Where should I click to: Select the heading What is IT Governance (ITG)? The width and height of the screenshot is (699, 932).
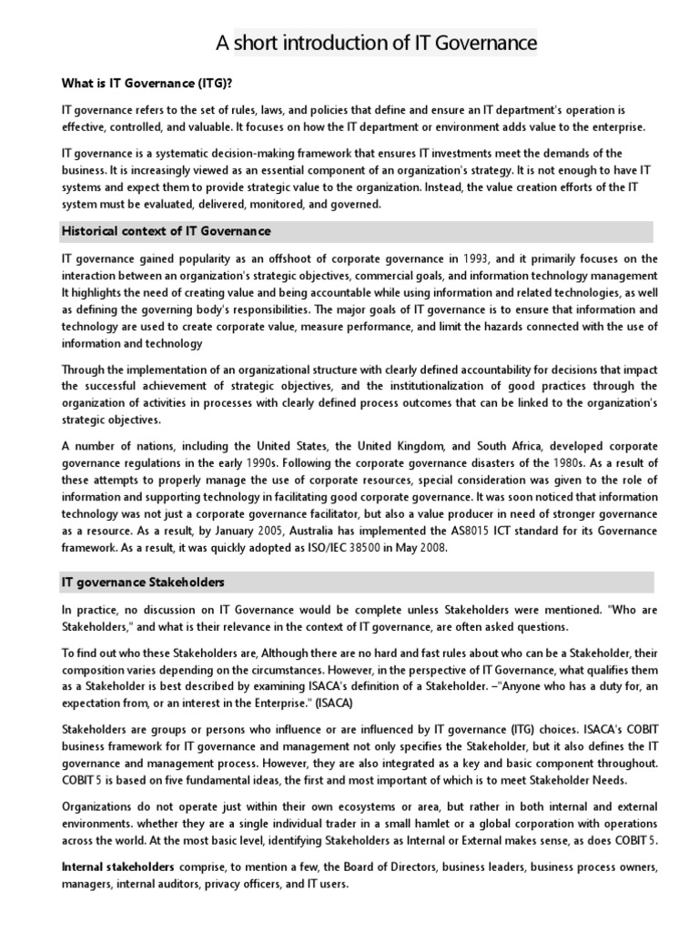click(x=147, y=83)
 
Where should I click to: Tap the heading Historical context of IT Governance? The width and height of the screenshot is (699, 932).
click(x=166, y=231)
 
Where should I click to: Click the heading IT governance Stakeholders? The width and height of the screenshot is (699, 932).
click(x=143, y=581)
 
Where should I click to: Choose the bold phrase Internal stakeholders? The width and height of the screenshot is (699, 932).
click(x=117, y=866)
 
